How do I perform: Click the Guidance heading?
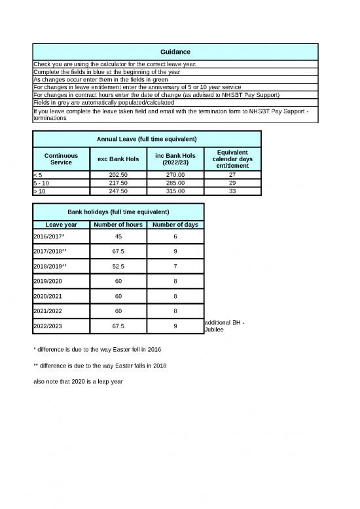[x=175, y=51]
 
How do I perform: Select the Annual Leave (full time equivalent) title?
[x=147, y=139]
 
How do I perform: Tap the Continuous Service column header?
[x=61, y=159]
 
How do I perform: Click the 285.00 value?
[x=175, y=183]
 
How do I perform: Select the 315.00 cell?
[x=175, y=191]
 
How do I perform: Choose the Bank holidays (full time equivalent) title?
[x=118, y=212]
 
